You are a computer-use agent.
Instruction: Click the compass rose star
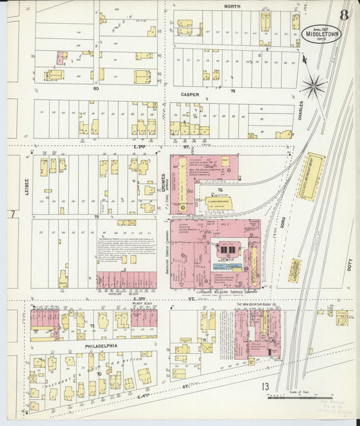click(x=313, y=85)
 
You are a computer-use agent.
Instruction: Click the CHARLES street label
click(x=301, y=111)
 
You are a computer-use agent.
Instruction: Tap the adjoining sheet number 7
click(x=12, y=214)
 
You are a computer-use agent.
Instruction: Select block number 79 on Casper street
click(x=233, y=90)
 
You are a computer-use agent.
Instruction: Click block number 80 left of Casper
click(x=96, y=88)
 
